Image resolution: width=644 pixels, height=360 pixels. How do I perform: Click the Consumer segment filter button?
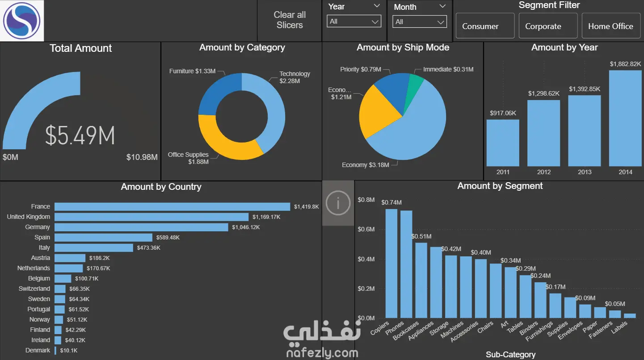[485, 26]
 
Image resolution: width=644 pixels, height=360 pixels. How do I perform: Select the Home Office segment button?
[611, 26]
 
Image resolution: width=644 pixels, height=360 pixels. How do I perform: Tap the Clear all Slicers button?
[290, 20]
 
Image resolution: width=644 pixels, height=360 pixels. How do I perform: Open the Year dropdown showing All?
[354, 21]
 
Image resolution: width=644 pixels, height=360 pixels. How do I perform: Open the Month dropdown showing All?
[420, 21]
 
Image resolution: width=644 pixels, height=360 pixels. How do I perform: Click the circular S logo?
[21, 21]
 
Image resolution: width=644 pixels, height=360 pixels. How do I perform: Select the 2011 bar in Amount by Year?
[503, 143]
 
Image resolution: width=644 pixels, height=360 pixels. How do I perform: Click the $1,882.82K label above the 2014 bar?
[625, 64]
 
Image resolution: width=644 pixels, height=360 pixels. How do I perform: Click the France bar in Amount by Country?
[172, 207]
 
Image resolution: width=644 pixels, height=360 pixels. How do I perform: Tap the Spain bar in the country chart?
[104, 237]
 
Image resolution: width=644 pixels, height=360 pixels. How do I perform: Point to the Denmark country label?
[38, 350]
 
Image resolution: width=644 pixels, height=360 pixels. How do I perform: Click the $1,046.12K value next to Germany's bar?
[246, 227]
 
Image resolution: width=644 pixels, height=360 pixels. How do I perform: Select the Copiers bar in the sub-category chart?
[391, 264]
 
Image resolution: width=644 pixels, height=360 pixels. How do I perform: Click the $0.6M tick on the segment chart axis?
[366, 229]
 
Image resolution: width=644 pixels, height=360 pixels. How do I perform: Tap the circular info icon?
[338, 203]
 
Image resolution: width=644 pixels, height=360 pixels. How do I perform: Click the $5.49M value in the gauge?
[80, 135]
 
